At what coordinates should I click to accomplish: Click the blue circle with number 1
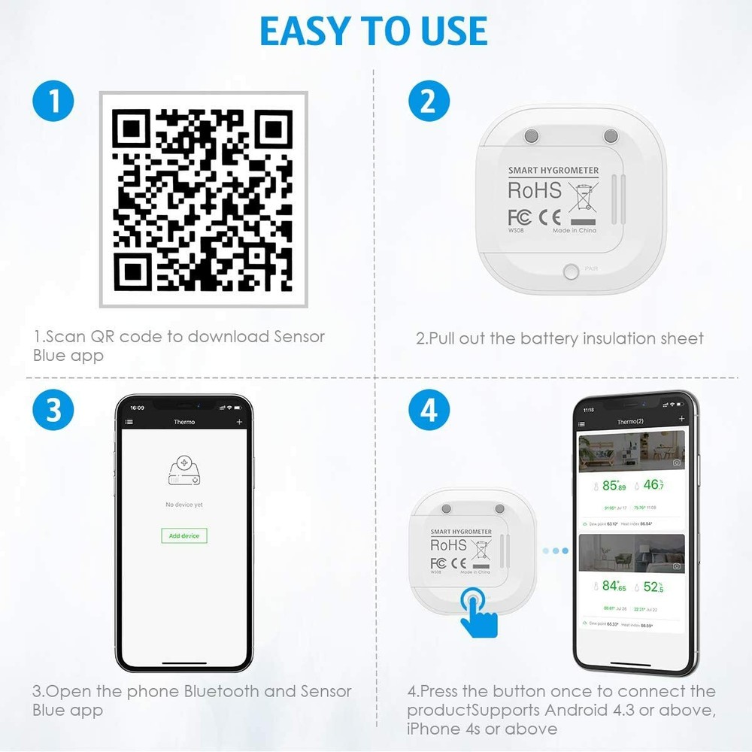(x=53, y=101)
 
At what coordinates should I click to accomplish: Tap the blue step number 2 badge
(x=428, y=101)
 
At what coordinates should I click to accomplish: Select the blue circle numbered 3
(x=53, y=411)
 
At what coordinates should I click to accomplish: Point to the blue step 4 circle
(x=428, y=411)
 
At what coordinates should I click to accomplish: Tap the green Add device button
(x=184, y=535)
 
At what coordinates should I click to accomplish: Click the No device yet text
(x=184, y=505)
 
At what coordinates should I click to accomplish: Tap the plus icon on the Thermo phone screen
(x=240, y=423)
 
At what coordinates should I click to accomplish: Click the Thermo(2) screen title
(x=629, y=422)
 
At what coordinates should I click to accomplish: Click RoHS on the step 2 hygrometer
(x=535, y=190)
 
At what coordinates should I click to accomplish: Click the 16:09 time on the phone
(x=137, y=407)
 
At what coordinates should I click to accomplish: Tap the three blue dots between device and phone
(x=556, y=550)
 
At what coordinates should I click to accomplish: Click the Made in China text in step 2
(x=575, y=231)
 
